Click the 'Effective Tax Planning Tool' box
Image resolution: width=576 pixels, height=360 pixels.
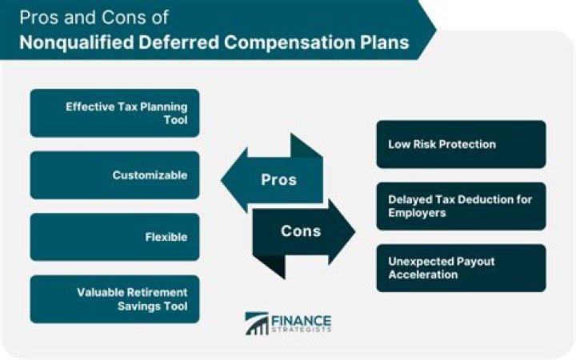pyautogui.click(x=114, y=113)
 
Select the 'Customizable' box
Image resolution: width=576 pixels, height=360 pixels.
pyautogui.click(x=114, y=175)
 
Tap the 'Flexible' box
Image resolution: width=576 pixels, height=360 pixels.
pyautogui.click(x=114, y=238)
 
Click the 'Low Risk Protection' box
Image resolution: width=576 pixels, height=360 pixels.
pyautogui.click(x=461, y=144)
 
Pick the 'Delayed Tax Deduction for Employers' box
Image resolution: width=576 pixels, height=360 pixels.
pyautogui.click(x=461, y=206)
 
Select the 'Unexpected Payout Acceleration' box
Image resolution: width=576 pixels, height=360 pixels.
pyautogui.click(x=461, y=268)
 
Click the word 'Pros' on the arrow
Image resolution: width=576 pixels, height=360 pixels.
pyautogui.click(x=279, y=179)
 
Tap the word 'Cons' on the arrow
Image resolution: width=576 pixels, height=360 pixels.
pyautogui.click(x=301, y=231)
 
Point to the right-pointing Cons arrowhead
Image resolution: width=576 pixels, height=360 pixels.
pyautogui.click(x=342, y=232)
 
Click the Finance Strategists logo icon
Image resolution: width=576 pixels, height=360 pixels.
pyautogui.click(x=257, y=323)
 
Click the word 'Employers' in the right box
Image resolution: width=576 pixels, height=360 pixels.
pyautogui.click(x=417, y=214)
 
